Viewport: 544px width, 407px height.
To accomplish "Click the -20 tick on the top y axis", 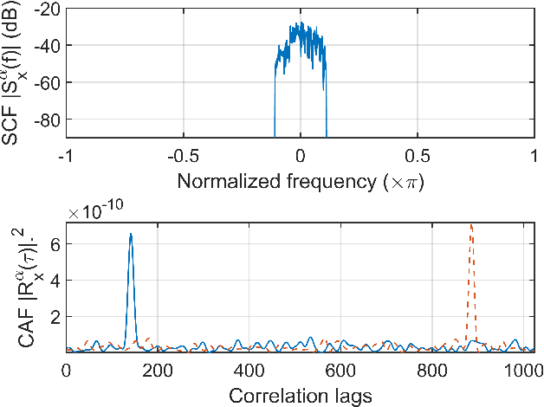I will click(x=49, y=9).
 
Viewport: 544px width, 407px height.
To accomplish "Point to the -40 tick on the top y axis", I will click(x=49, y=45).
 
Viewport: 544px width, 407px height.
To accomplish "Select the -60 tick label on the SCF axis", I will click(x=49, y=82).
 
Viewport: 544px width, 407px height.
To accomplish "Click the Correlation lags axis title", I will click(x=300, y=396).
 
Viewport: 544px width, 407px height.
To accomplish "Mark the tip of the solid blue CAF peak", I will click(x=131, y=234).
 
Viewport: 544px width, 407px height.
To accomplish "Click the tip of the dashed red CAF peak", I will click(x=471, y=225).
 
